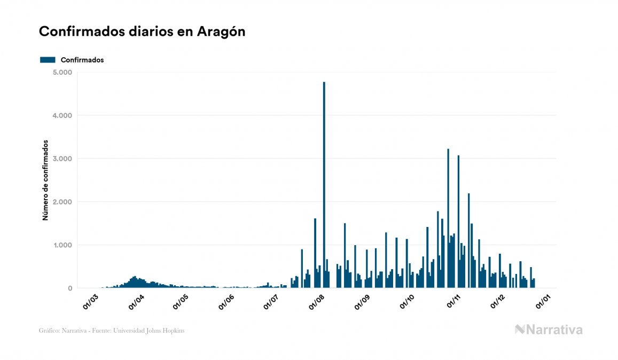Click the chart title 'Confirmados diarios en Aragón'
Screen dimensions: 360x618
coord(142,32)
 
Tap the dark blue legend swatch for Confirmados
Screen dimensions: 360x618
coord(48,60)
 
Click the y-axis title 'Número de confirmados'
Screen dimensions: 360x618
coord(45,181)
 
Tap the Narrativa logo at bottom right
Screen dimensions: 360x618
coord(549,330)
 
